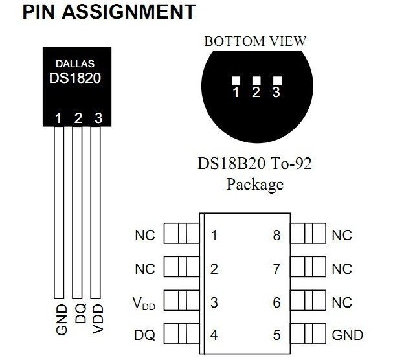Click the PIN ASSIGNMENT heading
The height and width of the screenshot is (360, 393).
click(108, 12)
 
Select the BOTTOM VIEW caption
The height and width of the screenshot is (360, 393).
click(255, 41)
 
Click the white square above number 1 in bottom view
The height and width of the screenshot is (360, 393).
click(236, 80)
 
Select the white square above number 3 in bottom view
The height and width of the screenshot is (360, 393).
click(277, 80)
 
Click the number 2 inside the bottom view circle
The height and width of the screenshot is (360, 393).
click(256, 93)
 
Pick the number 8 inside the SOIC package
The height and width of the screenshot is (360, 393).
click(276, 235)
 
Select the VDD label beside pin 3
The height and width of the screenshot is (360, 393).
click(145, 302)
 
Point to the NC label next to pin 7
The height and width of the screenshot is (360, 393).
click(342, 268)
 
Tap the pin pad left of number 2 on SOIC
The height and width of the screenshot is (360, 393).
click(180, 268)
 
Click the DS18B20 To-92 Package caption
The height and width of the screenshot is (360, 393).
click(254, 173)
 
